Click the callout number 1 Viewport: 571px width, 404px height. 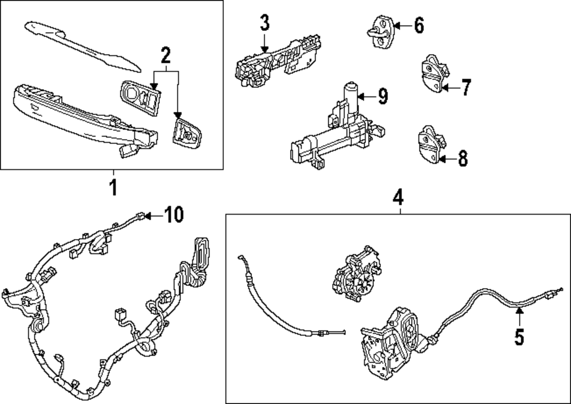pyautogui.click(x=113, y=187)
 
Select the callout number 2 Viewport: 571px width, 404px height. pyautogui.click(x=166, y=56)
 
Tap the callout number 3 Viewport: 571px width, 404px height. pyautogui.click(x=264, y=24)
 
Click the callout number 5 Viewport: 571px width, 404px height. pyautogui.click(x=519, y=337)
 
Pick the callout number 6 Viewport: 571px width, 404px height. pyautogui.click(x=419, y=25)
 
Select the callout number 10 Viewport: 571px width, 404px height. pyautogui.click(x=174, y=215)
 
